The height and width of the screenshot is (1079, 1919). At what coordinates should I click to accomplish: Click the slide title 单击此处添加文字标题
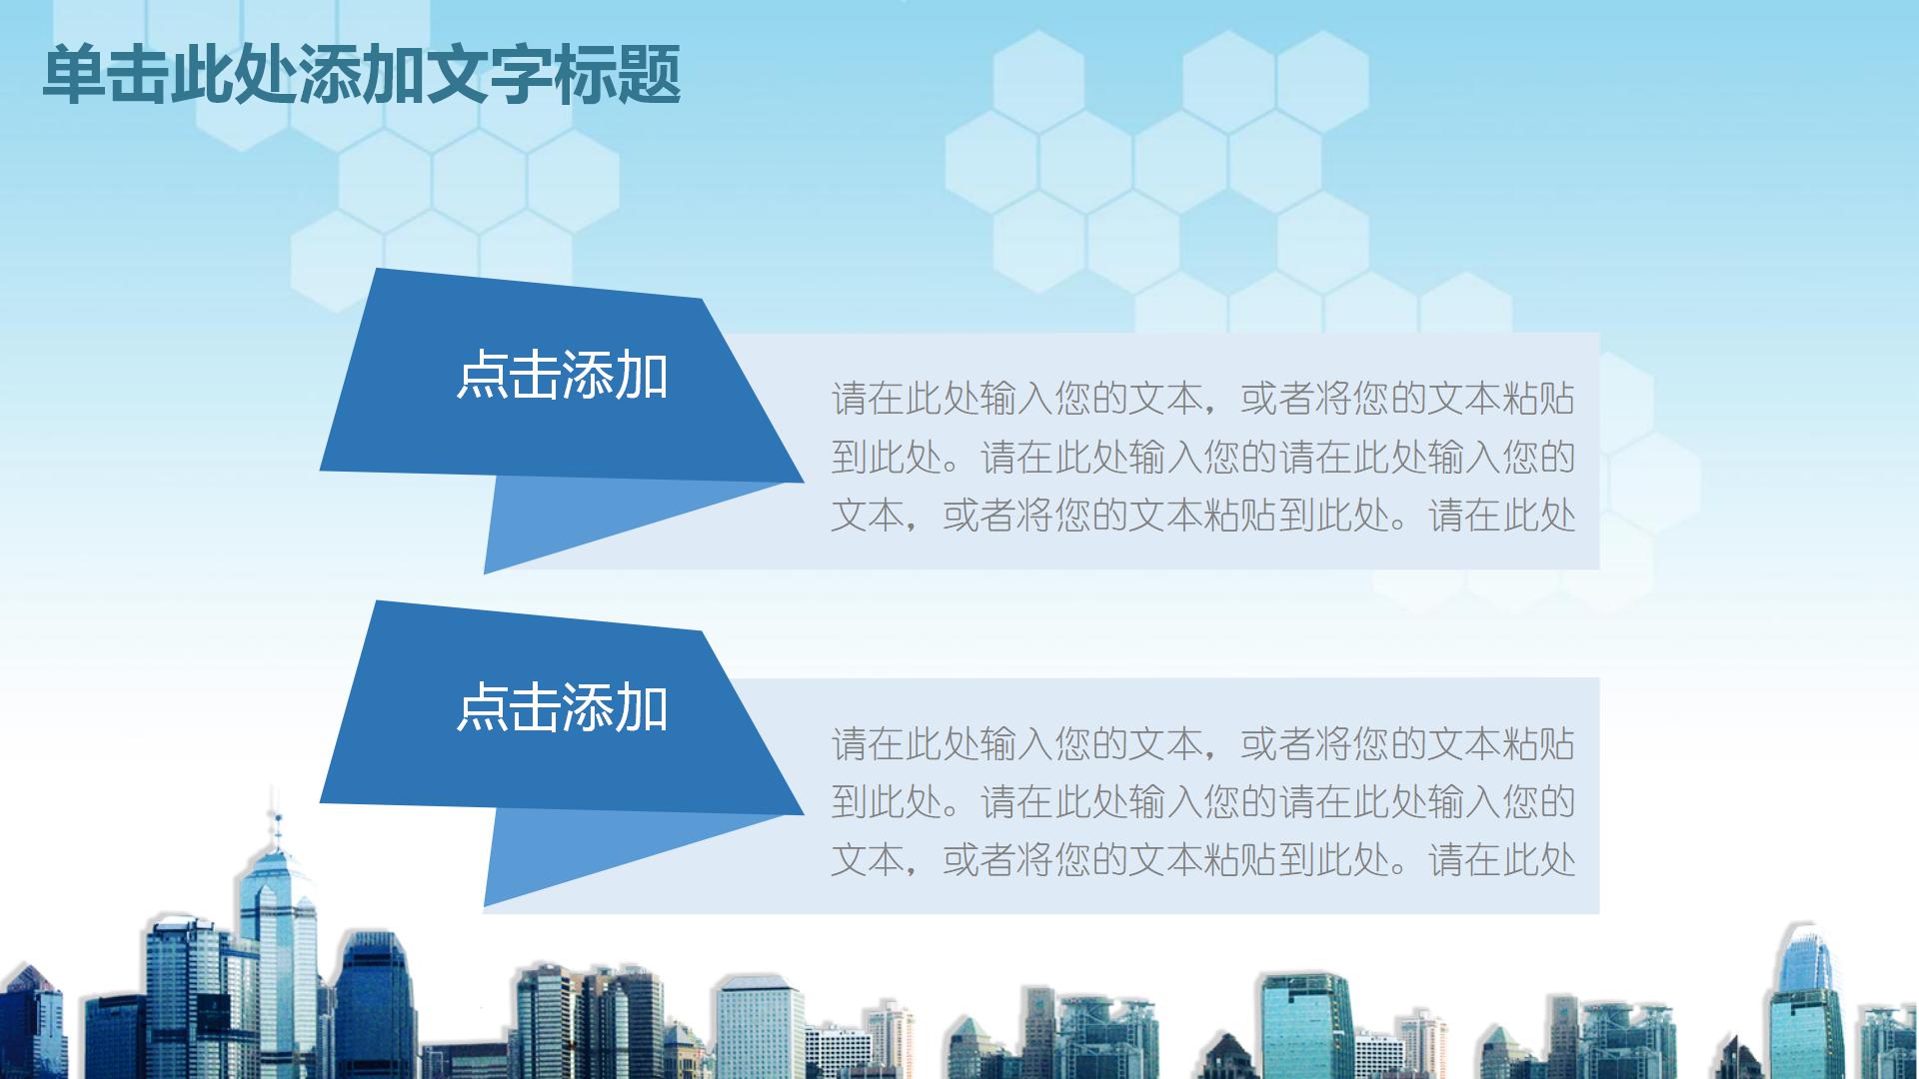[361, 75]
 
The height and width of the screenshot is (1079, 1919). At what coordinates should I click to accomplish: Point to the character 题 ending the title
[650, 75]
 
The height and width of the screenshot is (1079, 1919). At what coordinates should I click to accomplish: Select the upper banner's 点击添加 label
[562, 376]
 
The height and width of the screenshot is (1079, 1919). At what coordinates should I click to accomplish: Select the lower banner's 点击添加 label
[562, 707]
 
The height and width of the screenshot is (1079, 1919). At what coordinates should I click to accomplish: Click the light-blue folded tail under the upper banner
[580, 520]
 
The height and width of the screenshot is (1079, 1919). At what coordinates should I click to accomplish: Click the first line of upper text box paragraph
[1202, 399]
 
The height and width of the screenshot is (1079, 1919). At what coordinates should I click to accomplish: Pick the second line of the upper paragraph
[1202, 458]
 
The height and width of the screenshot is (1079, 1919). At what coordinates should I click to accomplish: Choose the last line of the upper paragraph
[1202, 516]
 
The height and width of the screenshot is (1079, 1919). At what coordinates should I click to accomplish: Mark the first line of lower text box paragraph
[1202, 744]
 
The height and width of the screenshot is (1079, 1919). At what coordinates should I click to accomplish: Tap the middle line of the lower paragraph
[1202, 802]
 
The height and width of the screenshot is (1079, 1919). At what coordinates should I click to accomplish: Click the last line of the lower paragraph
[1202, 860]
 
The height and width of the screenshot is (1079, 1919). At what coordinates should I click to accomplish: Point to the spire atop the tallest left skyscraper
[275, 814]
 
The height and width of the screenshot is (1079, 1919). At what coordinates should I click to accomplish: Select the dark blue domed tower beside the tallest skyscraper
[375, 999]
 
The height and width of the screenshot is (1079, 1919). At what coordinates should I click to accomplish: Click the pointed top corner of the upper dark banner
[377, 271]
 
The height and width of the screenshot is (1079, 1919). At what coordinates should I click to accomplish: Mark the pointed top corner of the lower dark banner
[377, 603]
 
